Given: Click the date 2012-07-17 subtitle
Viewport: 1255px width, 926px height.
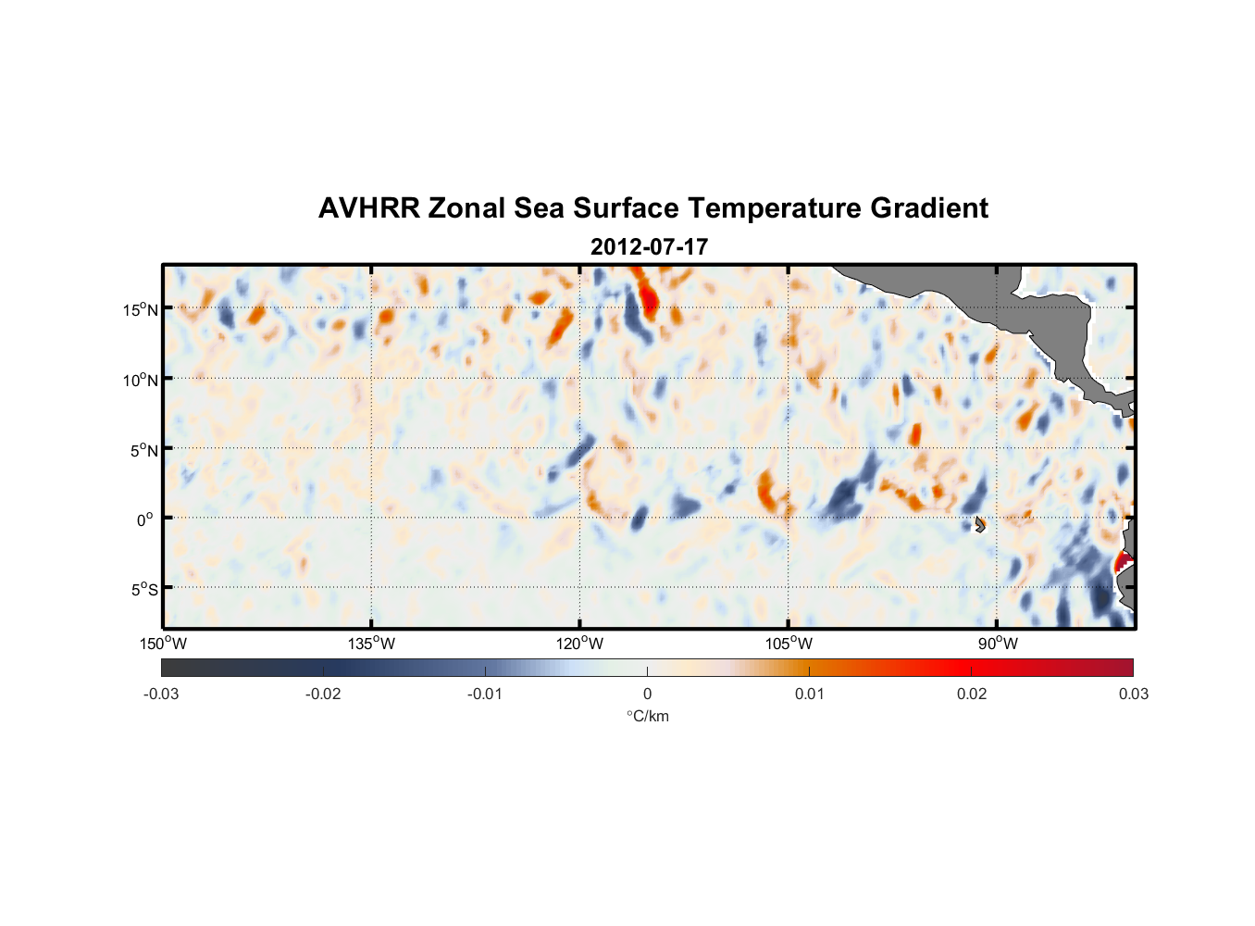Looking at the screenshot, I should tap(649, 247).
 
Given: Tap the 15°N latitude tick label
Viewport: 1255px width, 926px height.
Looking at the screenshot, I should tap(141, 309).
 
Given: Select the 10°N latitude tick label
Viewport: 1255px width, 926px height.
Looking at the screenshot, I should tap(141, 380).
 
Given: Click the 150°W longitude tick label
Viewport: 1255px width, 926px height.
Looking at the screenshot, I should tap(164, 644).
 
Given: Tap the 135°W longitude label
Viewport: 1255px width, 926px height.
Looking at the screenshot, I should tap(372, 644).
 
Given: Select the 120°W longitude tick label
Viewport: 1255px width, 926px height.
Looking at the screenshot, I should tap(580, 644).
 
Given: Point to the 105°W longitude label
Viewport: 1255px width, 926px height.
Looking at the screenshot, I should tap(789, 644).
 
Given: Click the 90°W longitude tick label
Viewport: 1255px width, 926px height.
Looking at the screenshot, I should tap(998, 644).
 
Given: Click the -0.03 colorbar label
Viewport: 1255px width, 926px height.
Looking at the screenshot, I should tap(161, 694).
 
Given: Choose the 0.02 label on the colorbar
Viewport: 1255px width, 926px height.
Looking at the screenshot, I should tap(972, 694).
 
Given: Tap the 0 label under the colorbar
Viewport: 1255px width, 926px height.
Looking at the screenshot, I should tap(647, 694).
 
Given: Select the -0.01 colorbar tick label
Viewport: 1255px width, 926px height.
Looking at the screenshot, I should tap(485, 694).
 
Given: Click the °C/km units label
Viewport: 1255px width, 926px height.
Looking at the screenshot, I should tap(648, 716).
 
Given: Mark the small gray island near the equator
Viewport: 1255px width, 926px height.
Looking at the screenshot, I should tap(980, 524).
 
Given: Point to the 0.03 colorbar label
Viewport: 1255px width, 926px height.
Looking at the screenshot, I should tap(1133, 694).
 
